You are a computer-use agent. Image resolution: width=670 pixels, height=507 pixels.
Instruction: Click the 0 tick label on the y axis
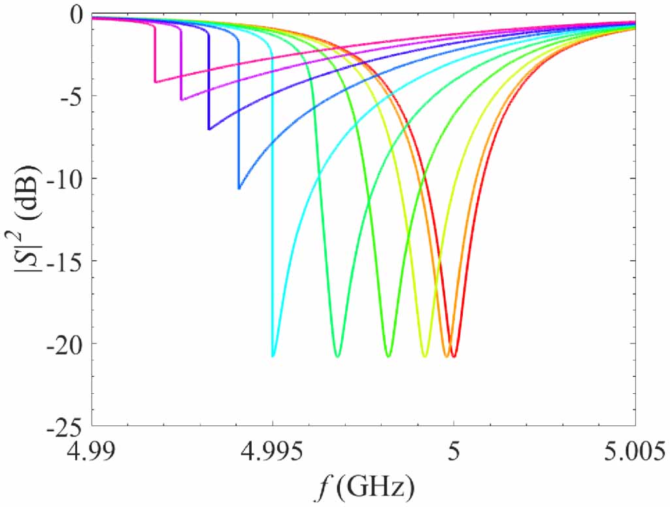[x=77, y=14]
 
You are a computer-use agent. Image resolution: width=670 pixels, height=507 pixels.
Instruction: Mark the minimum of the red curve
[x=454, y=357]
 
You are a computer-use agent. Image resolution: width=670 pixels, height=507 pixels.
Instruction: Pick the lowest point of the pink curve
[x=155, y=82]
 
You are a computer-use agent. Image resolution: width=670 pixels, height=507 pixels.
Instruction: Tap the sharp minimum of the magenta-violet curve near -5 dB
[x=181, y=100]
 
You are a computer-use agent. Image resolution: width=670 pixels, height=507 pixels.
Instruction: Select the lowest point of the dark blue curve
[x=209, y=130]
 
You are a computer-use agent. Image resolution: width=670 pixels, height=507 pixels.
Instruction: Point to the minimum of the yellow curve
[x=425, y=357]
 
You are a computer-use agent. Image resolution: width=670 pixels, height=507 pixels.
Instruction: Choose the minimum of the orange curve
[x=446, y=357]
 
